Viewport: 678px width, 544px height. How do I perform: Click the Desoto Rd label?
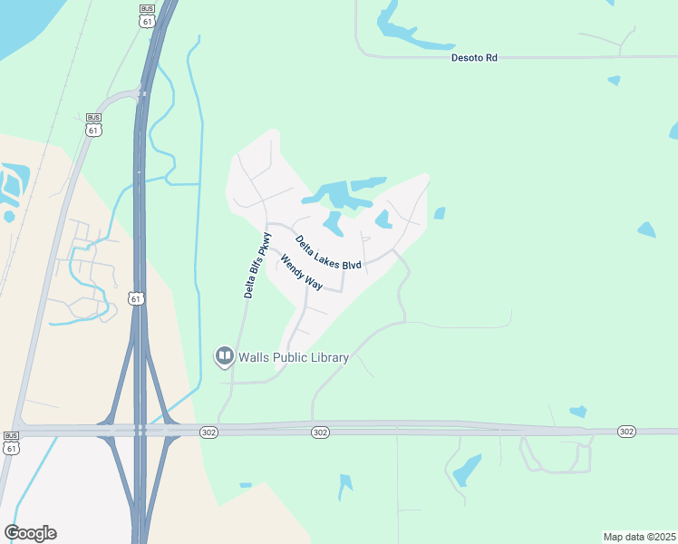coord(474,57)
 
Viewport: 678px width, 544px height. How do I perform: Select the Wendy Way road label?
coord(302,272)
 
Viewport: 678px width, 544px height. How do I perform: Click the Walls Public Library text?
coord(293,357)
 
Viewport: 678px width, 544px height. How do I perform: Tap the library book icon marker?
coord(223,356)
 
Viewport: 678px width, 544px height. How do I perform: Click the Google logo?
coord(30,533)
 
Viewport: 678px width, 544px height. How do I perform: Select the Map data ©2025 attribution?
coord(639,537)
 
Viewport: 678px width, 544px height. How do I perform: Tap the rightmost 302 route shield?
coord(626,432)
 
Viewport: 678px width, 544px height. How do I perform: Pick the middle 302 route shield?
coord(319,432)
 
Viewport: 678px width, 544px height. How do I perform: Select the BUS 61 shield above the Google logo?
coord(11,442)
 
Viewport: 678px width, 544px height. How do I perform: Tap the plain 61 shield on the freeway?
coord(135,298)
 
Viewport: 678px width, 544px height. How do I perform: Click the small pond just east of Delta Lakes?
coord(440,214)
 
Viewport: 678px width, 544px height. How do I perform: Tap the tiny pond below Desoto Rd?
coord(614,81)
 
